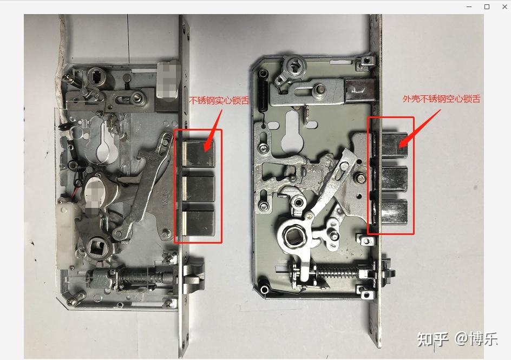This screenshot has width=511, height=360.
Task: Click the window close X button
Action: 505,6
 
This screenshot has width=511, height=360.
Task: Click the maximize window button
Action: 487,6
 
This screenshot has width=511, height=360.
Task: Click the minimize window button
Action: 469,6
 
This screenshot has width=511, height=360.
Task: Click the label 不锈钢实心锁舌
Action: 219,100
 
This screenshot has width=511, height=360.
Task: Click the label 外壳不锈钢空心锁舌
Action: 441,99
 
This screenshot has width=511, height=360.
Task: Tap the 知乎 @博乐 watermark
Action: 457,339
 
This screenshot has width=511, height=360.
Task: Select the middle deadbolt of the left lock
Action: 198,188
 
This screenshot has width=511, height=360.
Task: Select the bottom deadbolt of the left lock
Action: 198,222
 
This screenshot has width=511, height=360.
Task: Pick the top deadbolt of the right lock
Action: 394,145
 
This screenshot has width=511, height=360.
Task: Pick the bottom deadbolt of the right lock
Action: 394,212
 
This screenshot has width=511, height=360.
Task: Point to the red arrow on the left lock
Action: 213,131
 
